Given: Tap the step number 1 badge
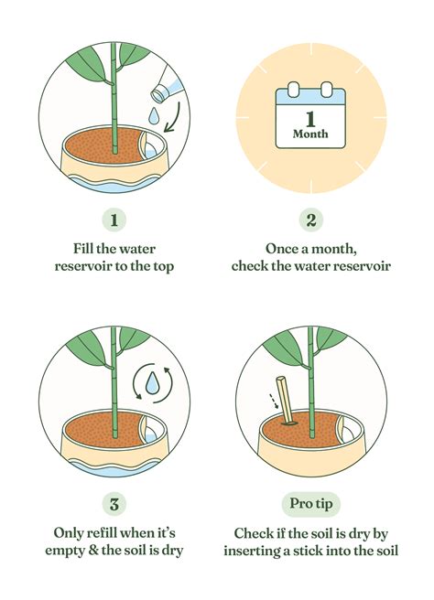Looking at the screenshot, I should [x=114, y=220].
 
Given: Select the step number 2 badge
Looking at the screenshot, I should [x=310, y=220].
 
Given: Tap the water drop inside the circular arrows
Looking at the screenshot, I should [x=150, y=380].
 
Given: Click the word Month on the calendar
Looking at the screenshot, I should [x=310, y=134].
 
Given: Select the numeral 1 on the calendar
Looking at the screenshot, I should [x=310, y=116].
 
